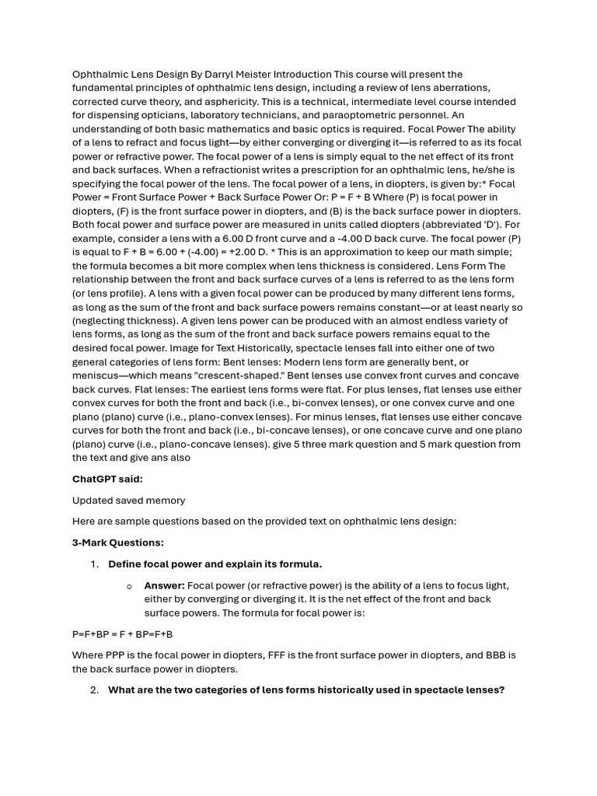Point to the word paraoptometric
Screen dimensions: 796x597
coord(330,116)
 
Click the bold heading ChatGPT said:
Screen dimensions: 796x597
coord(107,480)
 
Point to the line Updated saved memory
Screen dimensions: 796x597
coord(129,501)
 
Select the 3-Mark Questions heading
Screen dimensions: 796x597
coord(118,543)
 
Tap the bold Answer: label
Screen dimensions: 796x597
coord(164,585)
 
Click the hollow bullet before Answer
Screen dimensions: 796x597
coord(129,586)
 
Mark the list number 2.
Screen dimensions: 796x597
coord(94,690)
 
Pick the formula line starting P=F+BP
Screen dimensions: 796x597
coord(123,634)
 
